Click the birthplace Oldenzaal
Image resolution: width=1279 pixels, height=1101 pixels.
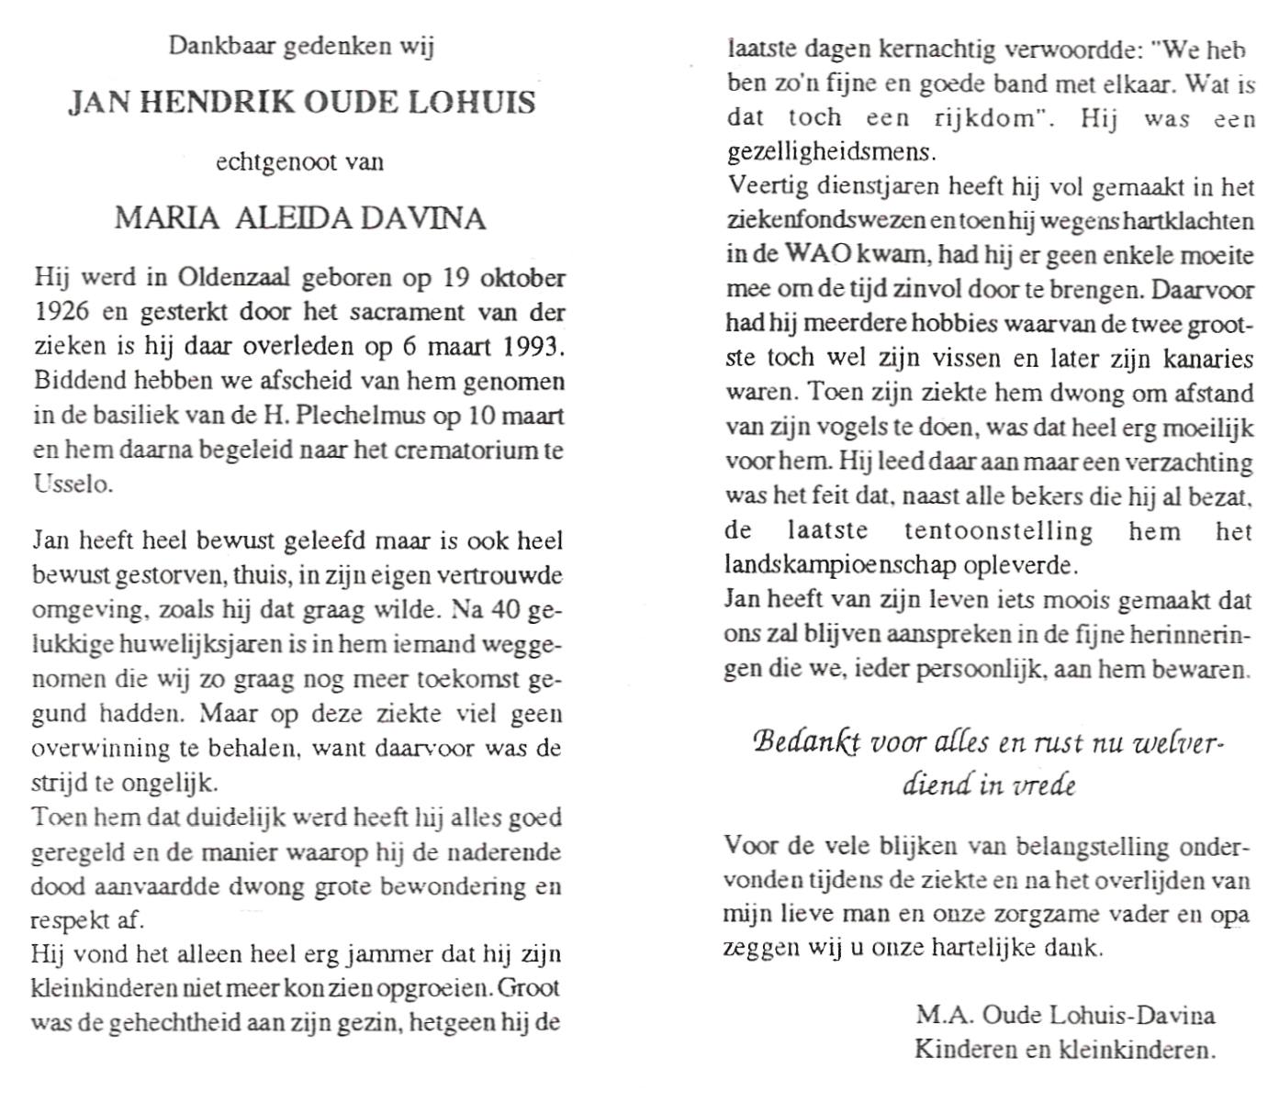[x=230, y=278]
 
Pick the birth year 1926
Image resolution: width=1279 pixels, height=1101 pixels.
[x=62, y=312]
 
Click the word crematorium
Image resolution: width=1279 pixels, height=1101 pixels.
[x=470, y=450]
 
